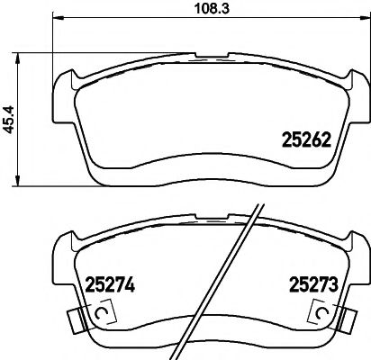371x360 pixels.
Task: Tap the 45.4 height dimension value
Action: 10,119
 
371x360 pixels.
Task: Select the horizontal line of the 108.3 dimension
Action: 135,17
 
